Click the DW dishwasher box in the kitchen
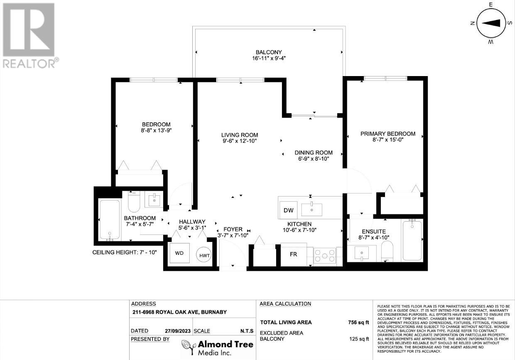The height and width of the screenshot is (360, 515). click(288, 210)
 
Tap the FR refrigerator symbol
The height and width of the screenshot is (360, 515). click(294, 254)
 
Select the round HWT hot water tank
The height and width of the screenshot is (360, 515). click(204, 254)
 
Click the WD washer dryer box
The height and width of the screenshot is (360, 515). click(179, 253)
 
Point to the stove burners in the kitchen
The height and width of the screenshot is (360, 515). click(325, 256)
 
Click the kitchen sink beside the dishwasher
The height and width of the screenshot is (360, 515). click(312, 210)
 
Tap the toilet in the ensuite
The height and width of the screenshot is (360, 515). click(387, 252)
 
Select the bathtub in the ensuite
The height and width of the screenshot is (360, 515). click(412, 240)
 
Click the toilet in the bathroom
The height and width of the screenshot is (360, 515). click(134, 201)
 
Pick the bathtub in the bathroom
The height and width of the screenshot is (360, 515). click(110, 220)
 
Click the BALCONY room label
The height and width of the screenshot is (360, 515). click(269, 52)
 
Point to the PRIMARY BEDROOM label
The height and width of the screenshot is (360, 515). click(388, 134)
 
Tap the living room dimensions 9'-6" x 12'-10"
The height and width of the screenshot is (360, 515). click(240, 141)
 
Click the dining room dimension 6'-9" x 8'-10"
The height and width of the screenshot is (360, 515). click(314, 159)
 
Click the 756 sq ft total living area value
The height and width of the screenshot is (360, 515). click(358, 323)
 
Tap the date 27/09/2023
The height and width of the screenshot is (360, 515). click(178, 331)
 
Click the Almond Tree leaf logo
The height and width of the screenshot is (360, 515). click(189, 348)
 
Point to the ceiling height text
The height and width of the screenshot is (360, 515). click(124, 252)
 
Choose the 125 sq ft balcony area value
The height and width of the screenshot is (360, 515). click(359, 339)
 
